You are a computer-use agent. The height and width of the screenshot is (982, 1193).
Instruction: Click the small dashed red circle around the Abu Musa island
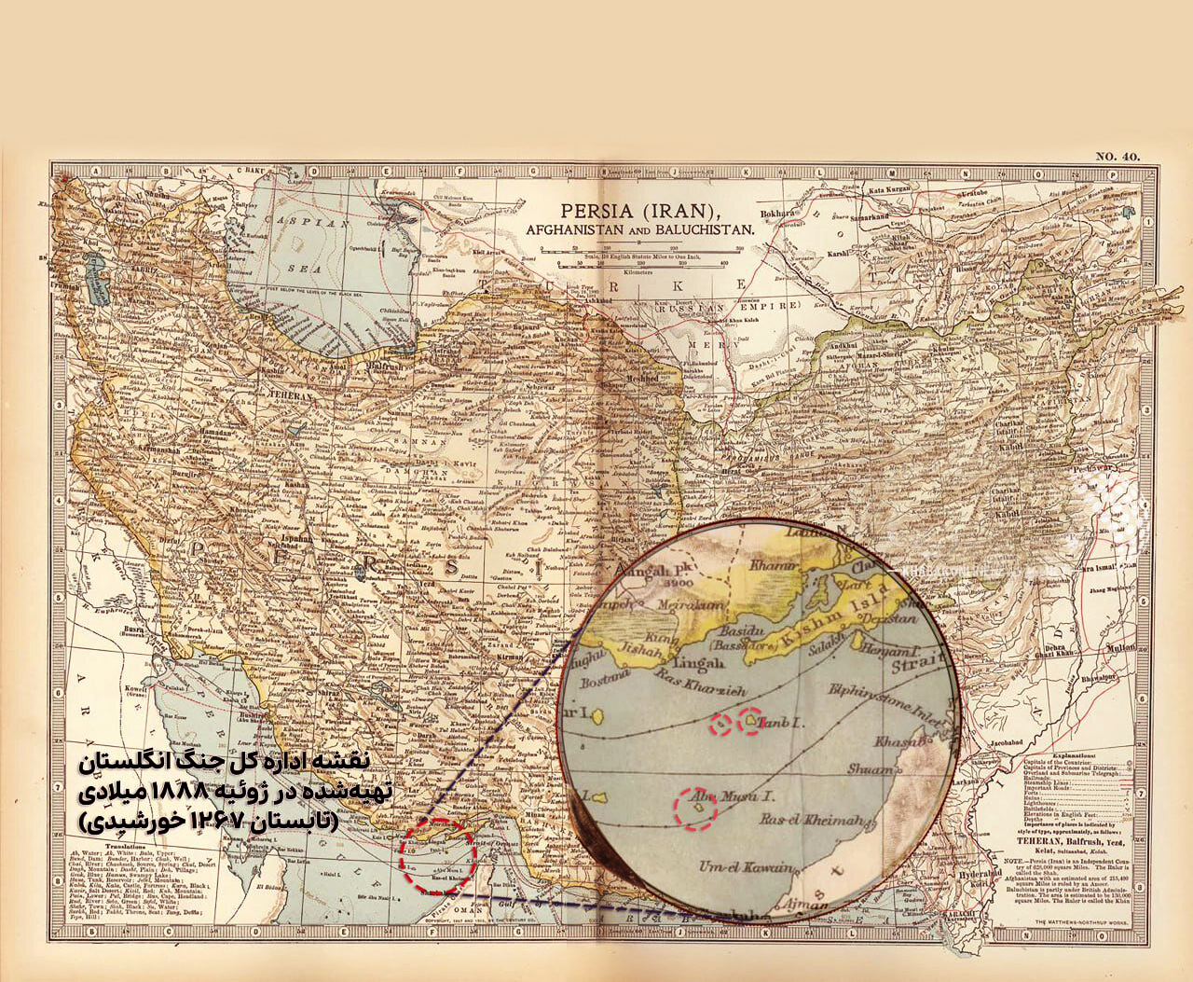[x=699, y=809]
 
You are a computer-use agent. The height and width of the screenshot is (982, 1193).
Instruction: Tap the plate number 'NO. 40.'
[x=1117, y=156]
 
